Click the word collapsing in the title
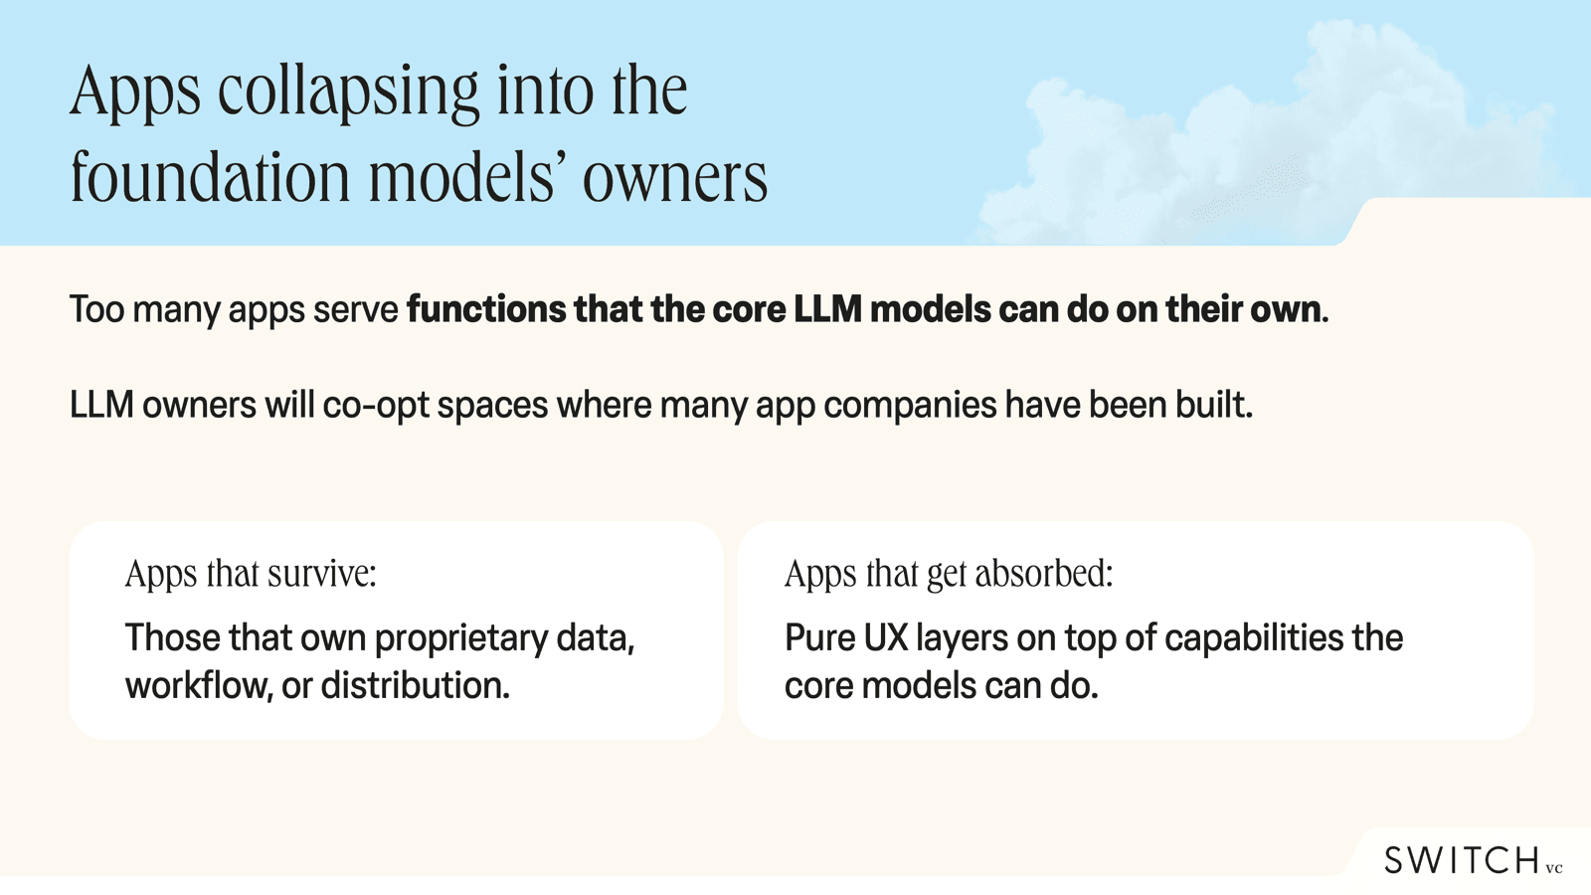tap(349, 91)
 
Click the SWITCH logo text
tap(1462, 860)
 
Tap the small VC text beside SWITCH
tap(1554, 868)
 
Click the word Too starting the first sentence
tap(96, 309)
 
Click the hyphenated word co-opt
tap(376, 406)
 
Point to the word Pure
tap(819, 638)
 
